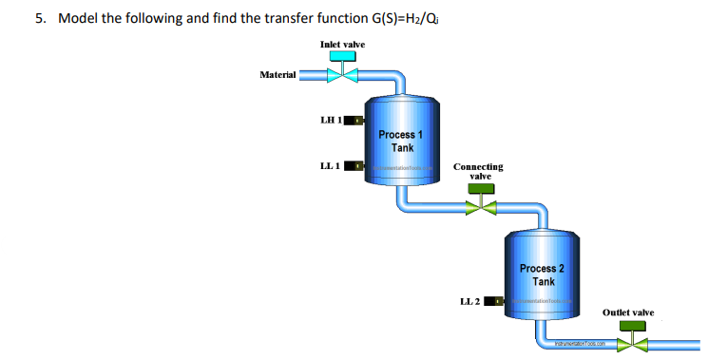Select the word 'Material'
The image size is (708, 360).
point(277,74)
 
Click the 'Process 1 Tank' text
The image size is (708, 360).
point(395,141)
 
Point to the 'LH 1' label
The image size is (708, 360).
point(331,121)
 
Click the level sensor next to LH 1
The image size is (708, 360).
point(354,121)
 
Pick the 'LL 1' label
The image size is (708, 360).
point(331,166)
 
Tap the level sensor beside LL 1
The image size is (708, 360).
point(354,166)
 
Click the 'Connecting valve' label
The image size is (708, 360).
point(478,171)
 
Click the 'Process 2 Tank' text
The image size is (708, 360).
point(543,275)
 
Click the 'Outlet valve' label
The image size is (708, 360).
point(628,312)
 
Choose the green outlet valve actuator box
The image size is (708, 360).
point(630,326)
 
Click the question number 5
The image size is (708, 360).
point(40,18)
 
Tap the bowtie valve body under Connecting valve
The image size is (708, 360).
point(481,206)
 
